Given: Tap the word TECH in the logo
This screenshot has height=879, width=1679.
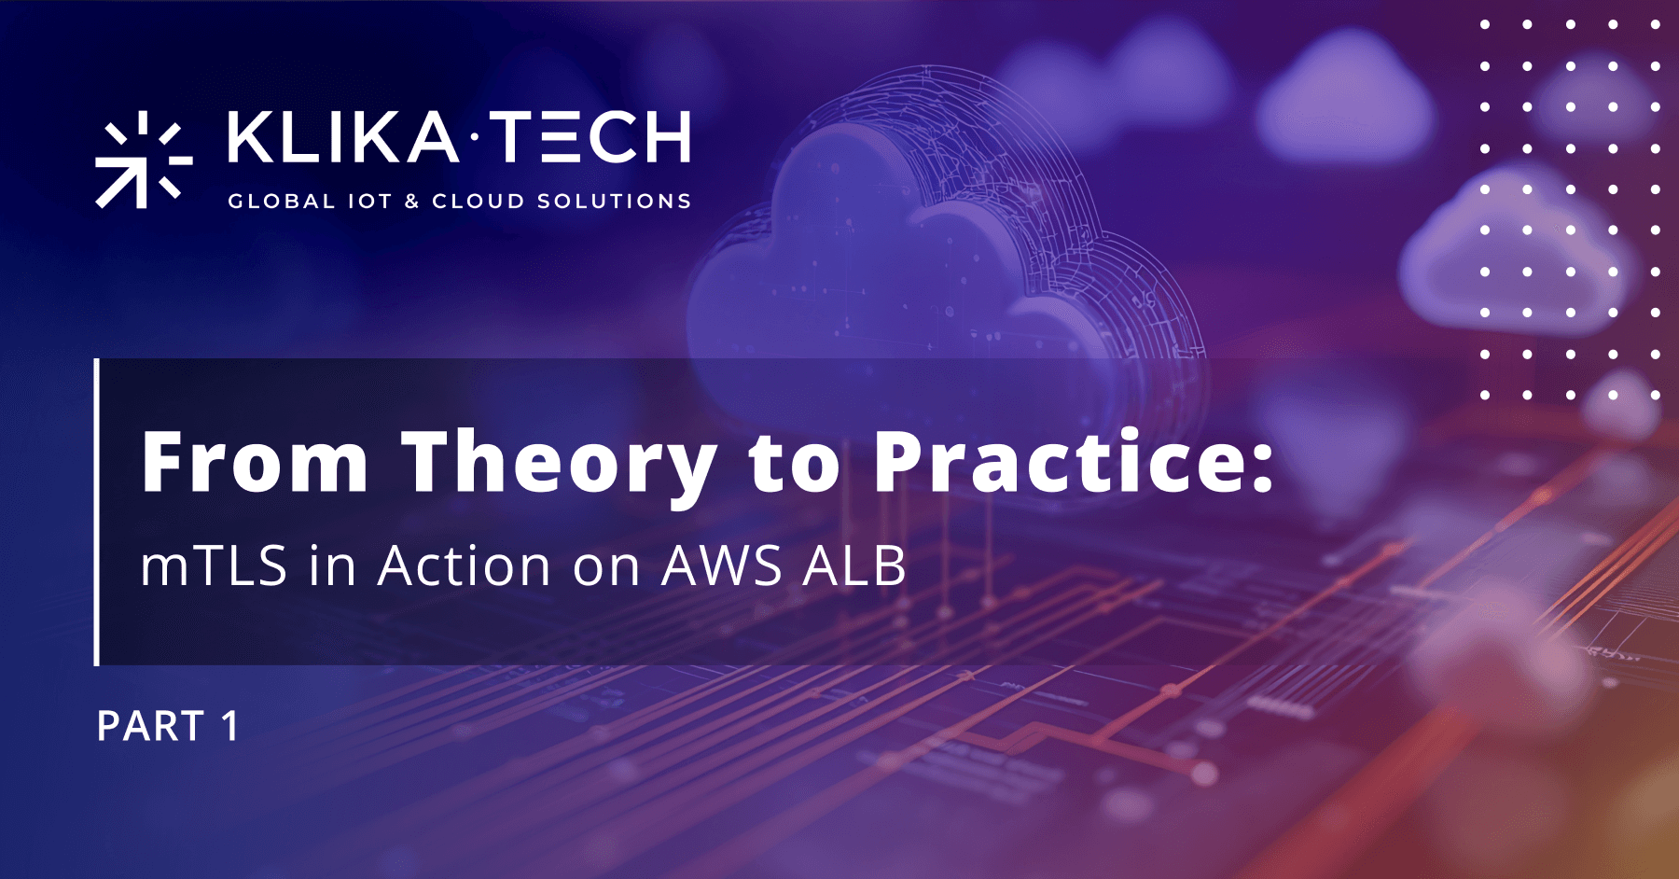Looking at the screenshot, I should click(590, 137).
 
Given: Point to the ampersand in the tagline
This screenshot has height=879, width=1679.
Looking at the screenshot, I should click(411, 202).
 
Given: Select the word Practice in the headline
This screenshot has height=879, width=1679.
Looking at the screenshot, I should click(1059, 463).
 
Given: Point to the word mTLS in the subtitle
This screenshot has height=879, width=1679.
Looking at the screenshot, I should click(214, 565).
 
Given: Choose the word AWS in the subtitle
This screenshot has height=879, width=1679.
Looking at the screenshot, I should click(721, 565).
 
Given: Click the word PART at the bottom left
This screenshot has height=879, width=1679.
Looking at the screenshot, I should click(151, 727).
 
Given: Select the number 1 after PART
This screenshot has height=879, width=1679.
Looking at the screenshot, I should click(229, 727).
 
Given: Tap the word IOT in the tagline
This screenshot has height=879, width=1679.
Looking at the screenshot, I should click(369, 202).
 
